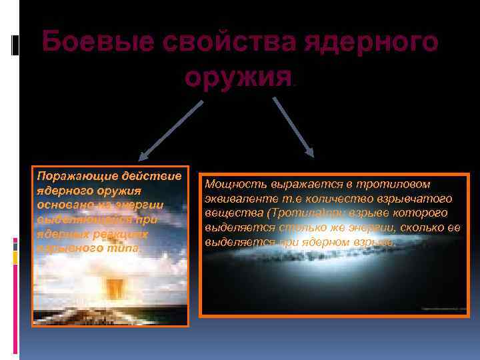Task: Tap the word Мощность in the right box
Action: (236, 184)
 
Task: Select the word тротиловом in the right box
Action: (397, 184)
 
